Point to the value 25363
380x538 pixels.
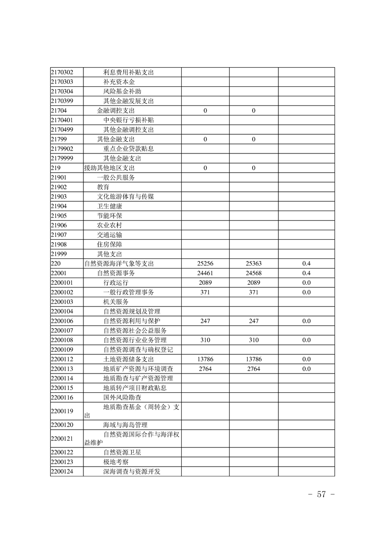coord(253,263)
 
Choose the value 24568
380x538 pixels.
coord(253,273)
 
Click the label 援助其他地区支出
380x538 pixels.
coord(109,168)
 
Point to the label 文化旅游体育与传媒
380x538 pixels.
coord(125,197)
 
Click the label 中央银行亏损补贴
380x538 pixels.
coord(128,120)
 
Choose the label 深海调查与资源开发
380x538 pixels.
coord(131,471)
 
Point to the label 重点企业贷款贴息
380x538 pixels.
coord(128,149)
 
